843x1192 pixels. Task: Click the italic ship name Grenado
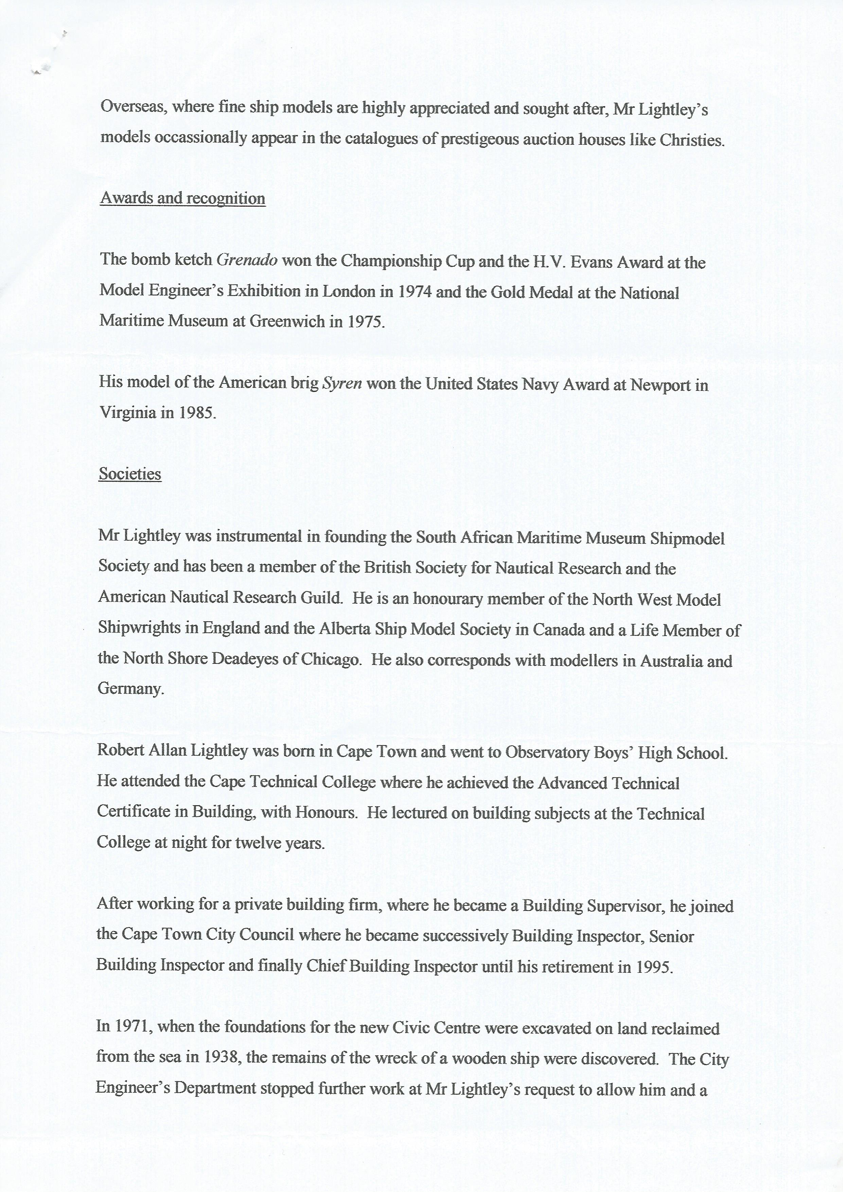coord(247,260)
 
